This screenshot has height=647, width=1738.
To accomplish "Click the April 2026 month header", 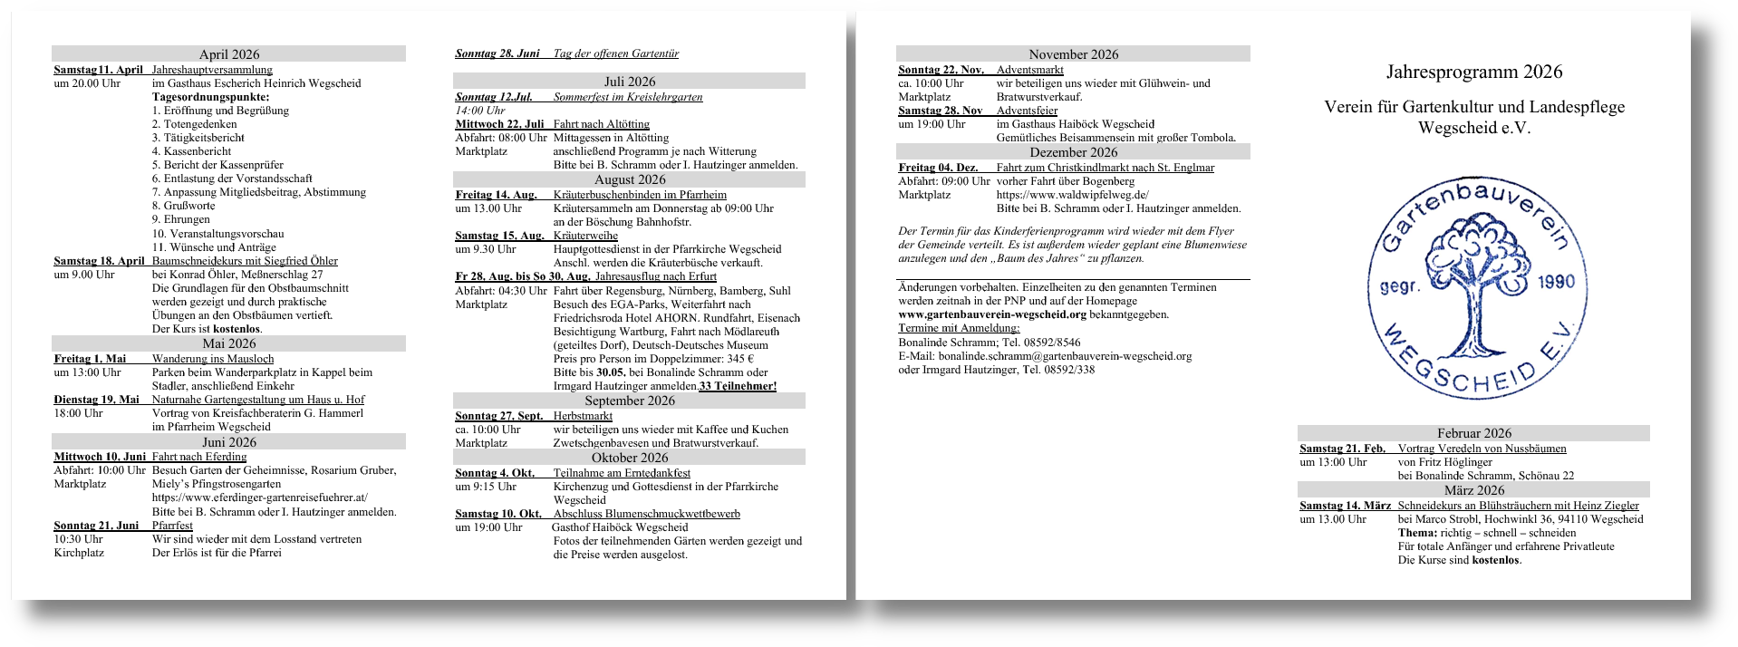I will [x=228, y=54].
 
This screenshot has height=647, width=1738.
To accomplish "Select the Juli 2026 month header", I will [x=629, y=82].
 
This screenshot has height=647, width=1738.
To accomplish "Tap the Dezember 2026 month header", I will [x=1073, y=152].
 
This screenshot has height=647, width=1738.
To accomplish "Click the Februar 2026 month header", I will [x=1473, y=433].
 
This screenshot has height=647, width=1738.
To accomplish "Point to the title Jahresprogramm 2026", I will [x=1473, y=72].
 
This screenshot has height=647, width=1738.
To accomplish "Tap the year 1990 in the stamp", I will [x=1556, y=283].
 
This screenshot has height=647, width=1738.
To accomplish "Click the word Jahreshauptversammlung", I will [x=212, y=70].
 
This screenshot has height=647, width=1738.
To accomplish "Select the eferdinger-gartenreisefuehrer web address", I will [x=260, y=497].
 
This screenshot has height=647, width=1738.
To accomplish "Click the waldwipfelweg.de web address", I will [x=1072, y=195].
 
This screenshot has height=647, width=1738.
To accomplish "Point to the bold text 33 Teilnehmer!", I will [x=738, y=386].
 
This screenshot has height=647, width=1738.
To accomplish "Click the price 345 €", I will [x=740, y=359].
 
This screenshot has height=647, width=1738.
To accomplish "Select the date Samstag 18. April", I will [x=99, y=261].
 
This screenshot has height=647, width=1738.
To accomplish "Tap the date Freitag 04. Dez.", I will [x=938, y=168].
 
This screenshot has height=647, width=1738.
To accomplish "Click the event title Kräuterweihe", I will [x=585, y=236].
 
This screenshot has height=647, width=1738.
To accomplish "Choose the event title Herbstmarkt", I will [x=583, y=416].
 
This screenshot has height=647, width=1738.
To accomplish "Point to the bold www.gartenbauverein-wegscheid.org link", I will [x=992, y=314].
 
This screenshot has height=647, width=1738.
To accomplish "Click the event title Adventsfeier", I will [x=1027, y=111].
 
